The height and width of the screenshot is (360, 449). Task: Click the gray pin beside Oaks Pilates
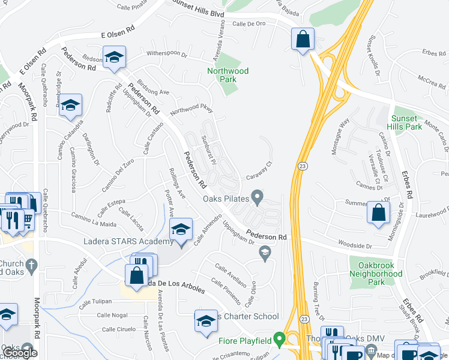click(x=258, y=196)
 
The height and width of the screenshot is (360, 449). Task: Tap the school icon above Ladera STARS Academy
click(x=181, y=229)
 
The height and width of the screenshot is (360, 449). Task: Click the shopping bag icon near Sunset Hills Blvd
click(x=303, y=40)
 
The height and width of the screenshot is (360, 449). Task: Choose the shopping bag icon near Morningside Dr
click(x=378, y=212)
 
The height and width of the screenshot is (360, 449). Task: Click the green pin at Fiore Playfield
click(x=279, y=340)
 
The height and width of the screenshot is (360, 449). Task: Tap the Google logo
click(x=19, y=353)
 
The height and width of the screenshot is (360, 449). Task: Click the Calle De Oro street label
click(x=249, y=24)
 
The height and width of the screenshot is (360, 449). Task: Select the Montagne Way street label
click(x=341, y=136)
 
